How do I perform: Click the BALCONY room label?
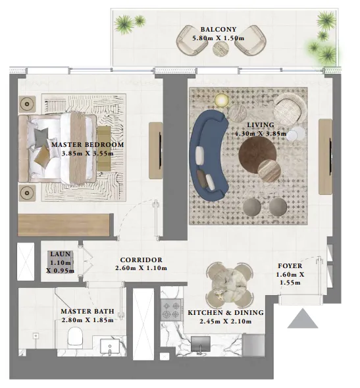click(219, 30)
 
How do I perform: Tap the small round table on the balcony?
click(220, 49)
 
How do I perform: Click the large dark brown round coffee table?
click(257, 154)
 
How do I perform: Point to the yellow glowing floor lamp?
click(221, 100)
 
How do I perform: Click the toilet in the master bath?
click(76, 336)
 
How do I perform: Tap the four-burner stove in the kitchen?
click(171, 310)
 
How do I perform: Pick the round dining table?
click(230, 282)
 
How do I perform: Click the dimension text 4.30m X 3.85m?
click(261, 134)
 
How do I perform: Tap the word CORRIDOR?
click(141, 260)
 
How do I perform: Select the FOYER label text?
click(290, 266)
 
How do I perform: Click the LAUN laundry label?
click(60, 254)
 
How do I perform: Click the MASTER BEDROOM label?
click(88, 144)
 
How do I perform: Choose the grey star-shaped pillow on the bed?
click(41, 137)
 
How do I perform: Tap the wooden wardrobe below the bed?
click(64, 225)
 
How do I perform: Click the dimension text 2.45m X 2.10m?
click(226, 321)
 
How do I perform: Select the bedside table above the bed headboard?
click(27, 104)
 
